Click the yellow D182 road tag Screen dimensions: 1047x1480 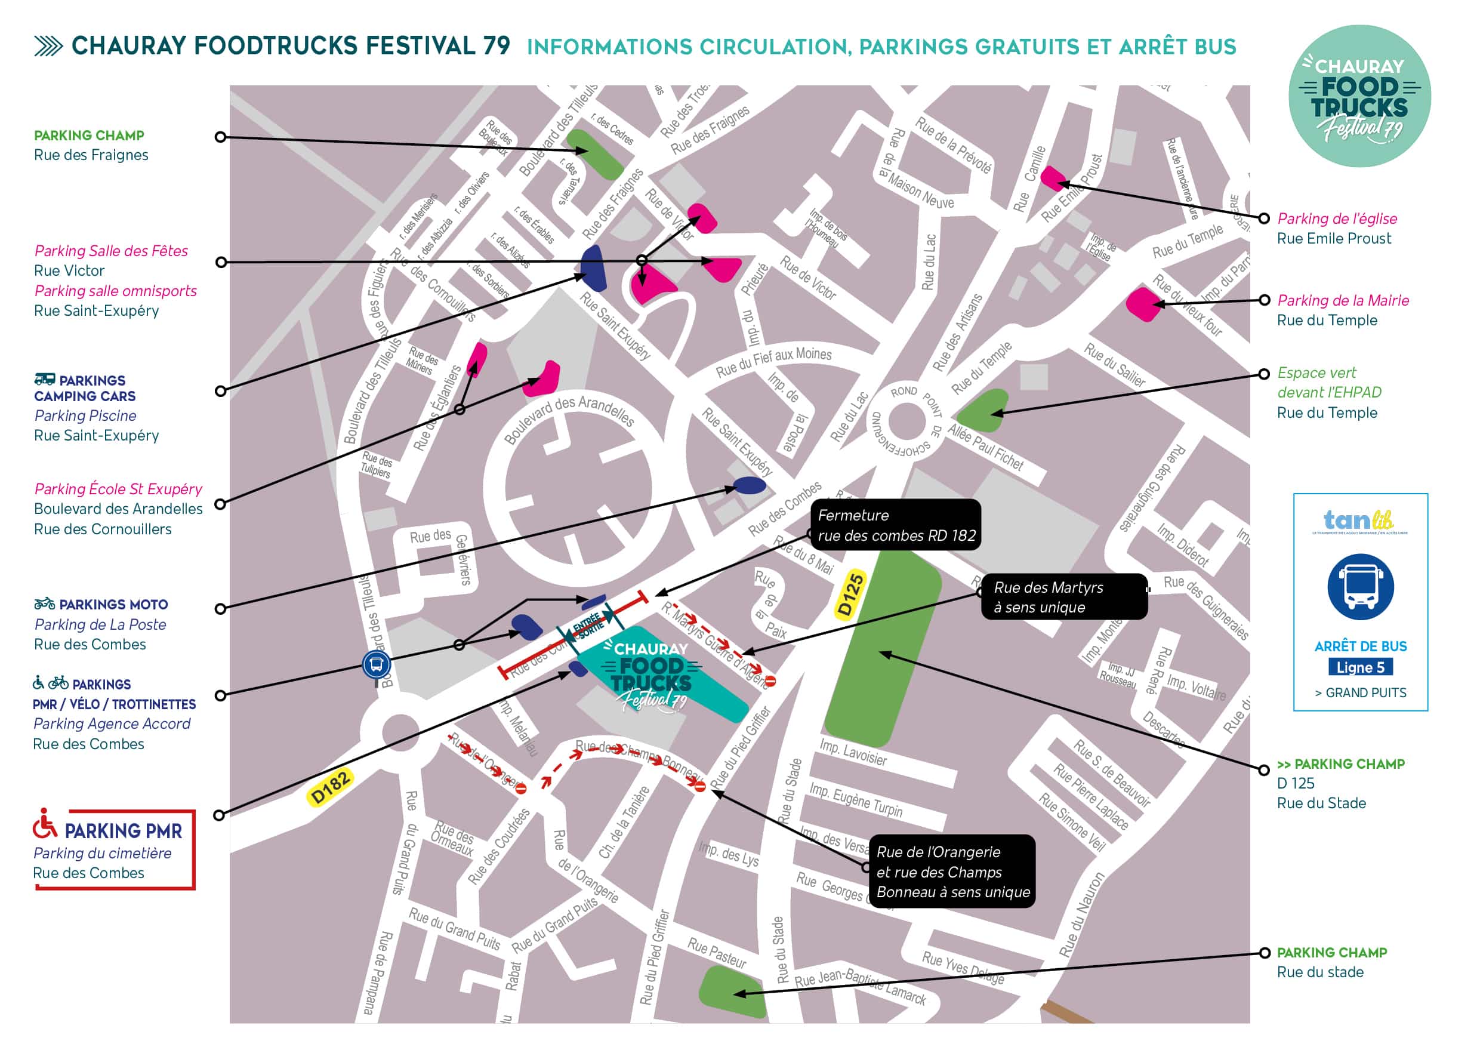[330, 787]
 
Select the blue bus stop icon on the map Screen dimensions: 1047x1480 [377, 664]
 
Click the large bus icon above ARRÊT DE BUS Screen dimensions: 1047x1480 [1360, 587]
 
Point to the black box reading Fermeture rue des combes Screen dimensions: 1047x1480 [895, 525]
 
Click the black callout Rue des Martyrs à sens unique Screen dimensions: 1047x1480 [1063, 597]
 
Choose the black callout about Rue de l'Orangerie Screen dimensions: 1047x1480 [952, 872]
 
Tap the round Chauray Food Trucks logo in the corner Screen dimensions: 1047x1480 [1359, 97]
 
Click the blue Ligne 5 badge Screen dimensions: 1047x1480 [1360, 667]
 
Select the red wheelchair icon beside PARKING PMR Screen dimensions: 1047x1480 [45, 824]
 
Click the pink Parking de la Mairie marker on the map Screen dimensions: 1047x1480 [1143, 304]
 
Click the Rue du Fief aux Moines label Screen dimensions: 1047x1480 [773, 362]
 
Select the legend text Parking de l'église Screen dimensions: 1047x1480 [1337, 218]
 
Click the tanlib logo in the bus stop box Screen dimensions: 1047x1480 [1360, 521]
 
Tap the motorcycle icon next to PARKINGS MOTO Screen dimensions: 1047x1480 [45, 604]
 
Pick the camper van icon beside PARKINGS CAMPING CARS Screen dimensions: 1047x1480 [45, 379]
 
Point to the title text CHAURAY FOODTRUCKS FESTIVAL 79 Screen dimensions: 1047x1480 [290, 47]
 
